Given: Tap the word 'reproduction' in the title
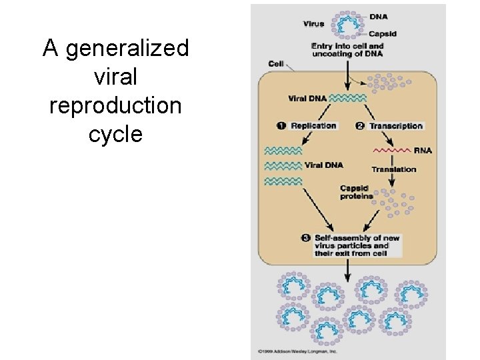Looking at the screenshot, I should pyautogui.click(x=115, y=106).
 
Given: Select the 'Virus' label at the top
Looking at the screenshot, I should pyautogui.click(x=313, y=24).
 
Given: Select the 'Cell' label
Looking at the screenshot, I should pyautogui.click(x=276, y=64).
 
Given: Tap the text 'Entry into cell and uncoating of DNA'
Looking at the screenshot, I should pyautogui.click(x=347, y=50).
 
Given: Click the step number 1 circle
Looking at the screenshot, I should pyautogui.click(x=281, y=125).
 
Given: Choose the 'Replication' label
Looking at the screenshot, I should pyautogui.click(x=313, y=125).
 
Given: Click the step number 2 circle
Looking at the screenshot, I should pyautogui.click(x=360, y=125).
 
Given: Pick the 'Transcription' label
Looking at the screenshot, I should pyautogui.click(x=396, y=125).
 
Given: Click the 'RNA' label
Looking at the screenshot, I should pyautogui.click(x=423, y=151).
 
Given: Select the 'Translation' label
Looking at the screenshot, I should pyautogui.click(x=393, y=169).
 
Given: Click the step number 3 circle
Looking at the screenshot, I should pyautogui.click(x=305, y=238).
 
